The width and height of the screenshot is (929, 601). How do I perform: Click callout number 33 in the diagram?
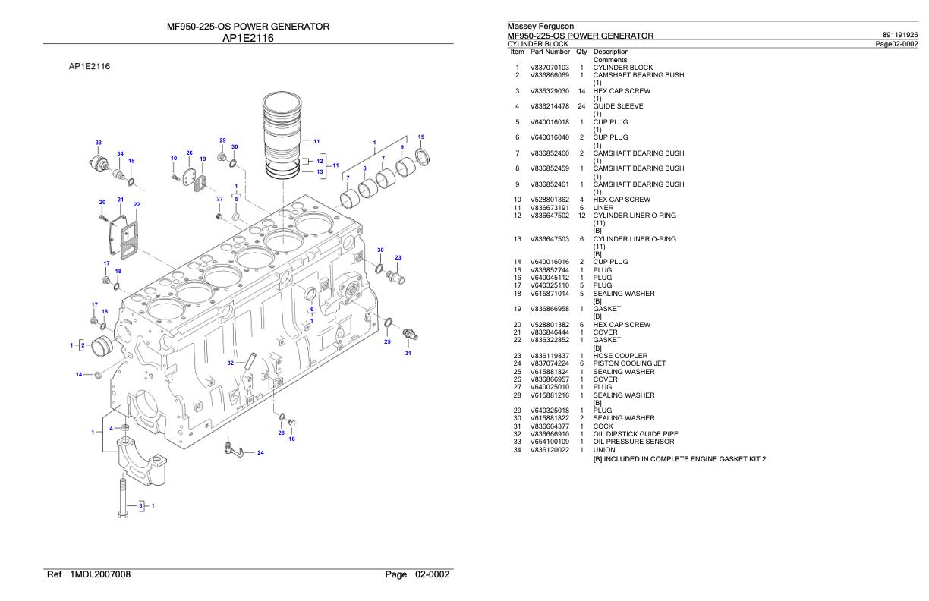[x=99, y=143]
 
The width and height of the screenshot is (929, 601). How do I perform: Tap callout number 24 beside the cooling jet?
[x=260, y=453]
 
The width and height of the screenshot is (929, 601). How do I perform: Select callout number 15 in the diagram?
[x=421, y=137]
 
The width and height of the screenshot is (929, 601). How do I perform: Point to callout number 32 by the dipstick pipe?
[x=231, y=363]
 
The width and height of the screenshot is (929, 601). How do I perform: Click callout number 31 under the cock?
[x=408, y=353]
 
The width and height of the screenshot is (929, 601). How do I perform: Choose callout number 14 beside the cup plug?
[x=79, y=374]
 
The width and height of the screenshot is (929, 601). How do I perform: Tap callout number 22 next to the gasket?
[x=137, y=204]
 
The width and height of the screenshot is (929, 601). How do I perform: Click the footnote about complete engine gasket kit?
[x=679, y=458]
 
